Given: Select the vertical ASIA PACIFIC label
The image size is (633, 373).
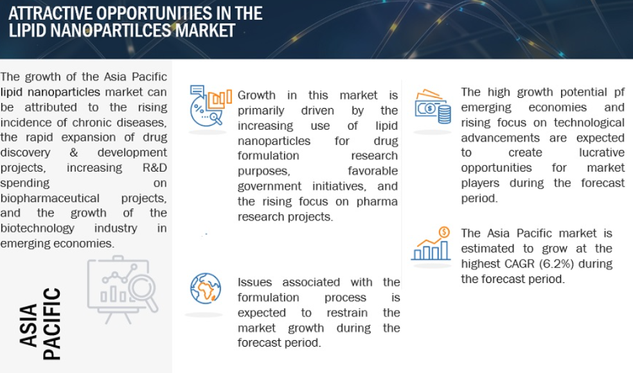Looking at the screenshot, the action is pos(40,323).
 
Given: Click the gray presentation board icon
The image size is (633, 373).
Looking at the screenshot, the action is pos(123,289).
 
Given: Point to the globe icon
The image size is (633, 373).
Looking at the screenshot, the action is pos(206,289).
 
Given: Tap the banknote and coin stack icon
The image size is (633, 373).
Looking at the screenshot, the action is pos(432,106).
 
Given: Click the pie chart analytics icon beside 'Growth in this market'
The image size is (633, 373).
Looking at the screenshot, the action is pos(211,106).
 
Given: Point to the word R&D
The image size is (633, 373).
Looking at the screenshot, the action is pos(155,168).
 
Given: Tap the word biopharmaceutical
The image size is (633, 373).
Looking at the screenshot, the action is pos(49,199).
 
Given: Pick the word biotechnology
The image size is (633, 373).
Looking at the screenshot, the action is pos(37,228).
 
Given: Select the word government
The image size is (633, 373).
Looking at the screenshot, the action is pos(269,186).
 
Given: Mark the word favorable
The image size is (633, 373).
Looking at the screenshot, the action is pos(373,171).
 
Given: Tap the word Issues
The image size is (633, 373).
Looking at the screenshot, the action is pos(254,282).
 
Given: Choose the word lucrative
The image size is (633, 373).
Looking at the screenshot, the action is pos(602,153).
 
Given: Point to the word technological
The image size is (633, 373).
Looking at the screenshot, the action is pos(589,123).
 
